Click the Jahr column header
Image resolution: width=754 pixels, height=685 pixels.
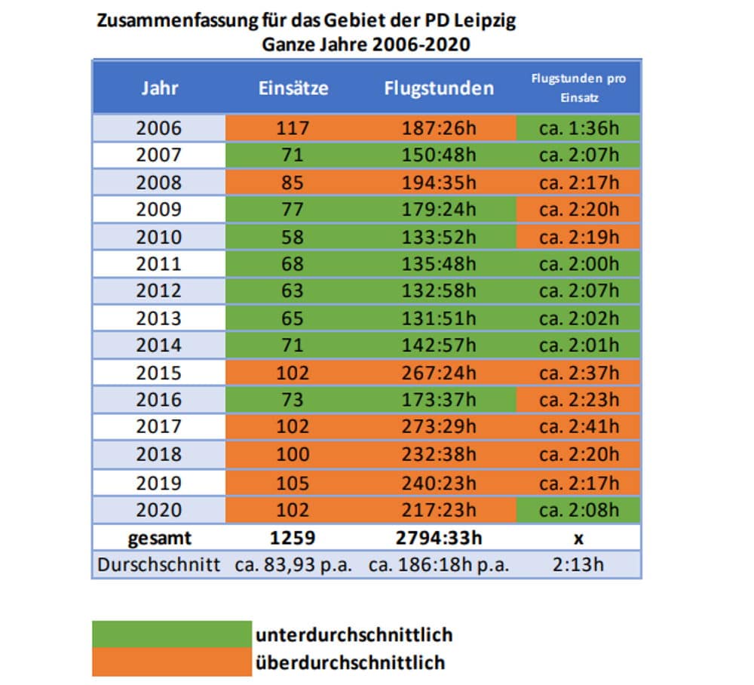159,88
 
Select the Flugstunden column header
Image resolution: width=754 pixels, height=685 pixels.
439,88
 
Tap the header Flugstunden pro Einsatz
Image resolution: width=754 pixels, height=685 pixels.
578,88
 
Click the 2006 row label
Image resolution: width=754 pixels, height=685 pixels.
159,127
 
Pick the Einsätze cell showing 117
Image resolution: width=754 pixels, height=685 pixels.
293,127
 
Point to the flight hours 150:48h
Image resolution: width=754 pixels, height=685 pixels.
439,155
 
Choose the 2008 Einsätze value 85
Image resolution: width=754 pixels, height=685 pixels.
293,182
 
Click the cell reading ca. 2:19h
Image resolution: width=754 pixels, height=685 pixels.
578,236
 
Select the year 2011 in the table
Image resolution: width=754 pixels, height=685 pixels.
159,263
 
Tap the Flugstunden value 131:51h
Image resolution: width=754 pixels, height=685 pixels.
439,318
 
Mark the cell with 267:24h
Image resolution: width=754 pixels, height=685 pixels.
439,373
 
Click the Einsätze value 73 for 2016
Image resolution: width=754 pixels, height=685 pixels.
293,400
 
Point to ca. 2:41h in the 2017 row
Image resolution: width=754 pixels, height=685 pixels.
578,427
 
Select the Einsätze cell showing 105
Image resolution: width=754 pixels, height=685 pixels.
293,481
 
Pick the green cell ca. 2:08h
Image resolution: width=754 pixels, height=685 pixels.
578,508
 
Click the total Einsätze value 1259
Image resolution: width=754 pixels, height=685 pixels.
293,537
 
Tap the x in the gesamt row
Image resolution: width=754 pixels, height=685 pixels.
578,537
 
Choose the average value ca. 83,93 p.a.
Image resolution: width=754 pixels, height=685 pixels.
293,565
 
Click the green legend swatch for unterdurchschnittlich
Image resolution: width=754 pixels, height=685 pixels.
172,634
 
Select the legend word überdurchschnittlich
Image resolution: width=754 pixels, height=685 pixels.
351,662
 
